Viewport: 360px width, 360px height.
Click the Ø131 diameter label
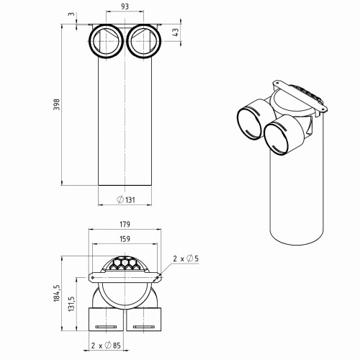[x=127, y=199]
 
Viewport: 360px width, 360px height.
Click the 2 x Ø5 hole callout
[x=186, y=257]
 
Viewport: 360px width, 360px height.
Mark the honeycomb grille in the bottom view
[x=127, y=264]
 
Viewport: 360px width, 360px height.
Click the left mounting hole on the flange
[x=93, y=276]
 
